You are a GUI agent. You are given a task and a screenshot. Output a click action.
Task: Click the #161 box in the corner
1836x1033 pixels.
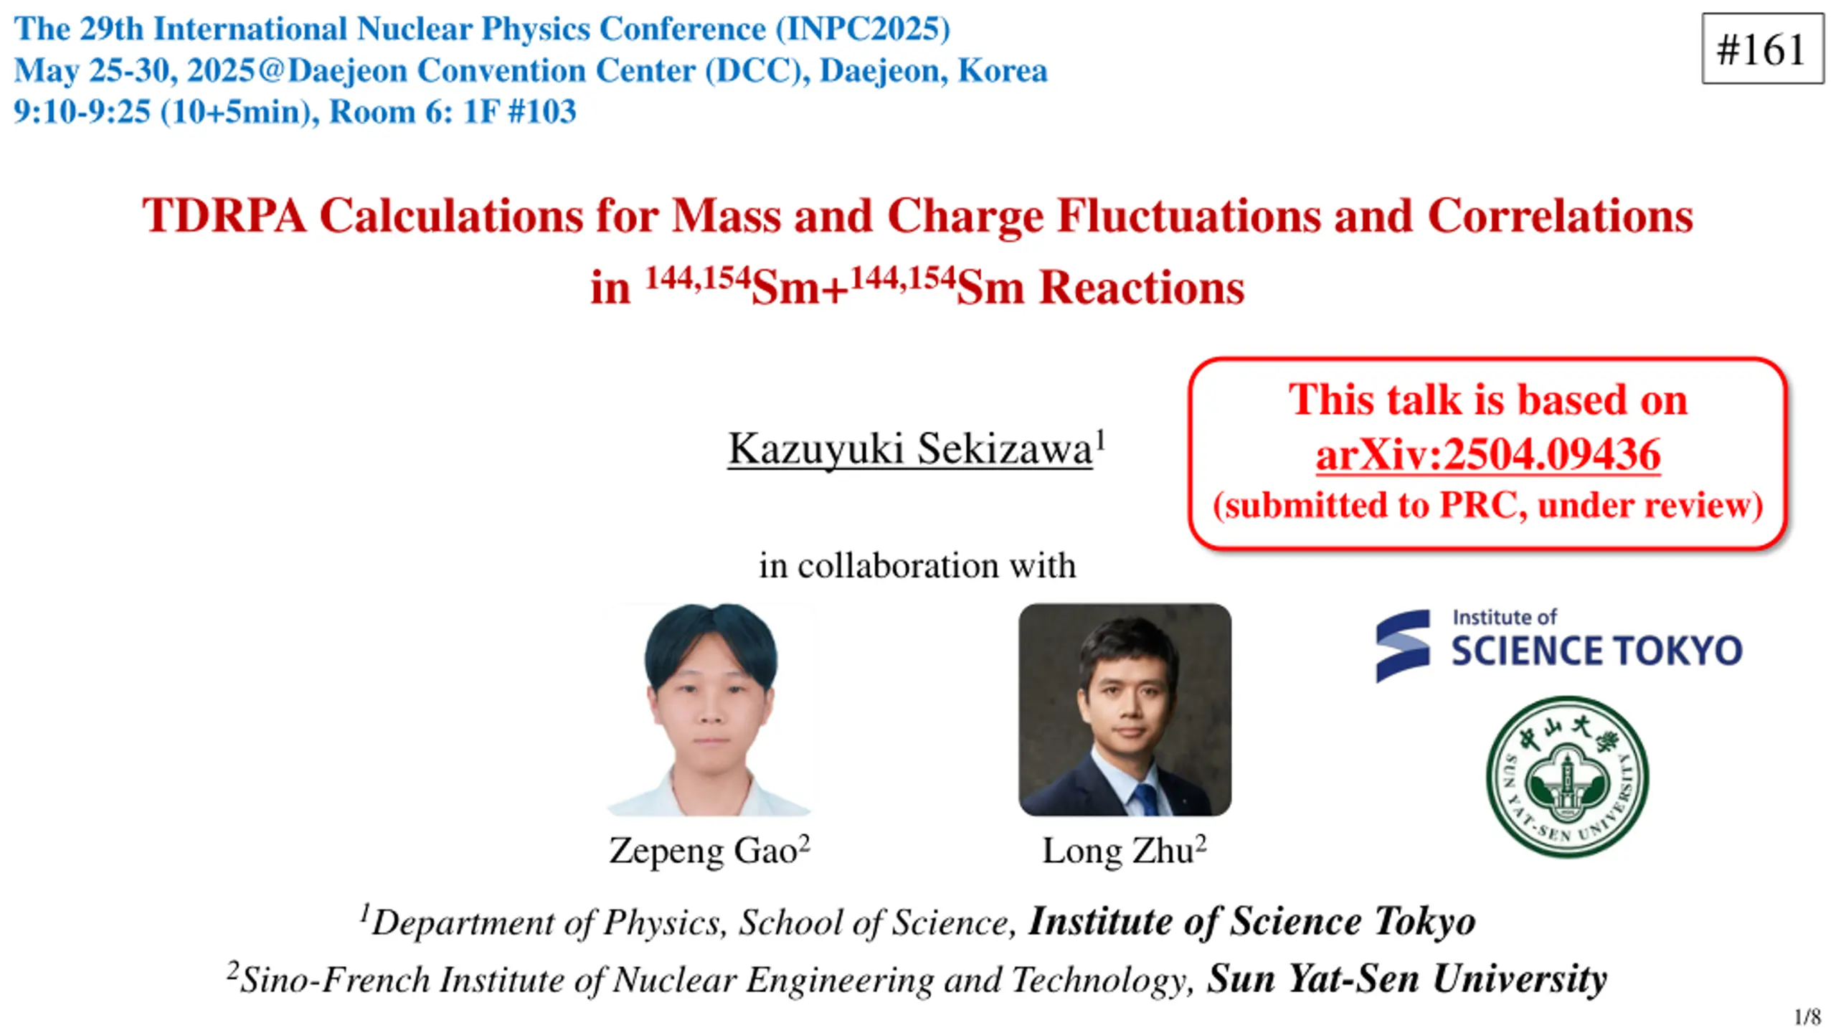tap(1762, 49)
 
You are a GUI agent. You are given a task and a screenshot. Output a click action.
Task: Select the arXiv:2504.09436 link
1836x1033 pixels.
tap(1488, 454)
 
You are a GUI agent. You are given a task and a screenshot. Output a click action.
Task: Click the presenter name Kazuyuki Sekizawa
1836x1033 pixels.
tap(910, 449)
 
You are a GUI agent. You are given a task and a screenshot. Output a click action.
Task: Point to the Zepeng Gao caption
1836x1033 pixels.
tap(709, 850)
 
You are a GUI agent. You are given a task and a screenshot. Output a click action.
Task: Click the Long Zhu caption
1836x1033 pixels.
tap(1124, 850)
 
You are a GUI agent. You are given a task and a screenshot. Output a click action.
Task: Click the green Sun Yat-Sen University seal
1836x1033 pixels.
tap(1567, 777)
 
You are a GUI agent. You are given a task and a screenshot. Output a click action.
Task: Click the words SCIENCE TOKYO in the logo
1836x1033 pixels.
tap(1596, 651)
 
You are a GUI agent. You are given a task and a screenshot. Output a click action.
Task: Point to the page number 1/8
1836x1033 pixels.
tap(1807, 1017)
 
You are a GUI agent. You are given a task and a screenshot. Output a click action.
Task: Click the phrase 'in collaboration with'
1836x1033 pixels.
tap(917, 565)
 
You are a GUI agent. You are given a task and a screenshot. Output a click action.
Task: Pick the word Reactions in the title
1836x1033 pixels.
tap(1142, 288)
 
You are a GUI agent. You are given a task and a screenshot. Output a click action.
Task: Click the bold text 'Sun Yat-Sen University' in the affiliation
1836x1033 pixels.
tap(1406, 978)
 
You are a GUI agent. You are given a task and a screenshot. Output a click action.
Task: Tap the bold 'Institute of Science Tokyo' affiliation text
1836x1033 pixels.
tap(1251, 921)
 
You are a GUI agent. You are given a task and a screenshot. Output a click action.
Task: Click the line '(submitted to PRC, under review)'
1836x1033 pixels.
tap(1487, 505)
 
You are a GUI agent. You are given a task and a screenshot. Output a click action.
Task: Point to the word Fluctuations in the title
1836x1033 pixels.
tap(1188, 215)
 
